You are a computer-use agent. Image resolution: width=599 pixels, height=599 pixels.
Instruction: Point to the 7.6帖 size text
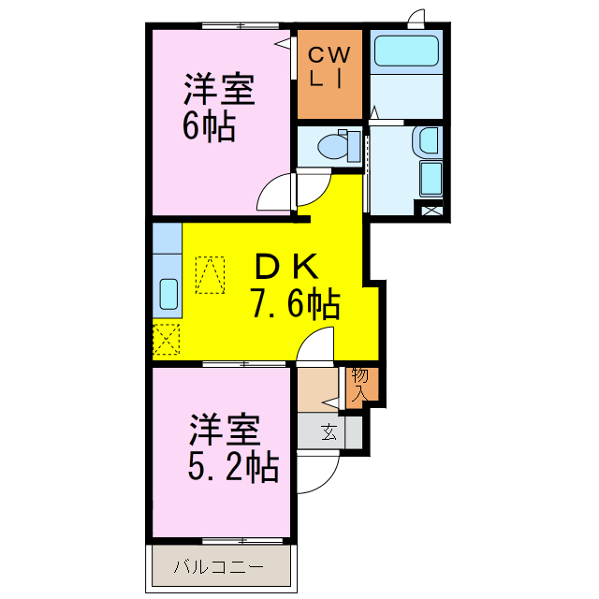tap(294, 304)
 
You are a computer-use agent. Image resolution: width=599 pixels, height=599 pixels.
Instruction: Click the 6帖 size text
tap(208, 125)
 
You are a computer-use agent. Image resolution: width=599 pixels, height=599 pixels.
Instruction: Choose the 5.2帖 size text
tap(233, 465)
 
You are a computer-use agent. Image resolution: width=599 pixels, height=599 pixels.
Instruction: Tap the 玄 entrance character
tap(329, 432)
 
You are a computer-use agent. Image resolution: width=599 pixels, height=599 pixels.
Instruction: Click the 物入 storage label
tap(360, 384)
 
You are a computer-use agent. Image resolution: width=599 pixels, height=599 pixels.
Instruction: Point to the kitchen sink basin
tap(169, 294)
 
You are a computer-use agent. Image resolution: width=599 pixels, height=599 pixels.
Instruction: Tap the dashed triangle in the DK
tap(211, 274)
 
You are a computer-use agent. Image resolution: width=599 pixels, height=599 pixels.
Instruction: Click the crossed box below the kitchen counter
tap(167, 338)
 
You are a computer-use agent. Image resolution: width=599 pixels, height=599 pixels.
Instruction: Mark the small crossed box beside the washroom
tap(432, 211)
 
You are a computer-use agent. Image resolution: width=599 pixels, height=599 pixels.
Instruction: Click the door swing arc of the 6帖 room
tap(275, 193)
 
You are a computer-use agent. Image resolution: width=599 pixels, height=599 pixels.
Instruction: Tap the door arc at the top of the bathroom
tap(416, 19)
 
